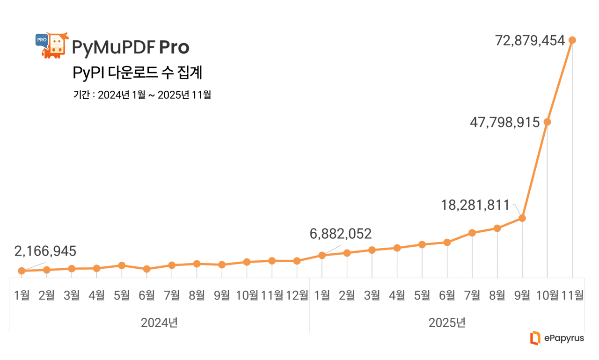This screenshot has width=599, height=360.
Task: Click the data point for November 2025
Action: (572, 40)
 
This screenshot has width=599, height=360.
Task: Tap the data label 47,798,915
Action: (505, 123)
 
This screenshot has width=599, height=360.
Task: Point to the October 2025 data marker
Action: (547, 122)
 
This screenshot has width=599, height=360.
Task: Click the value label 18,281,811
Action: (475, 205)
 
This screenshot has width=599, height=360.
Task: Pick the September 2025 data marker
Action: (522, 218)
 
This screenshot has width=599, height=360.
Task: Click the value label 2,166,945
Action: (45, 251)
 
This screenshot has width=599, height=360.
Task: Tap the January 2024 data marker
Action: (22, 271)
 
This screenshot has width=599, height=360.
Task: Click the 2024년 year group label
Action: (159, 323)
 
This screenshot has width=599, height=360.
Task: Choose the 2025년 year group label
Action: (447, 323)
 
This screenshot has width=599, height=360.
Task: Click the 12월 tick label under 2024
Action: (297, 295)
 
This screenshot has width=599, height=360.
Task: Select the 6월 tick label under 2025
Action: (447, 295)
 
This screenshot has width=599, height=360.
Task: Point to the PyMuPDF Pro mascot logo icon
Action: (52, 45)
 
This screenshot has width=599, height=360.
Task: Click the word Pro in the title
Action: (174, 47)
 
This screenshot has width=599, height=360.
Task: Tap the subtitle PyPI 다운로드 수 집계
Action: (137, 73)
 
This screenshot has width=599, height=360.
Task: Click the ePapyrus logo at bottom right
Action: (557, 338)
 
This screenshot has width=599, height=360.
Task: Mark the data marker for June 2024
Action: (146, 269)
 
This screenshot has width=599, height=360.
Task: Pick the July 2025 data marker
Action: (472, 233)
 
